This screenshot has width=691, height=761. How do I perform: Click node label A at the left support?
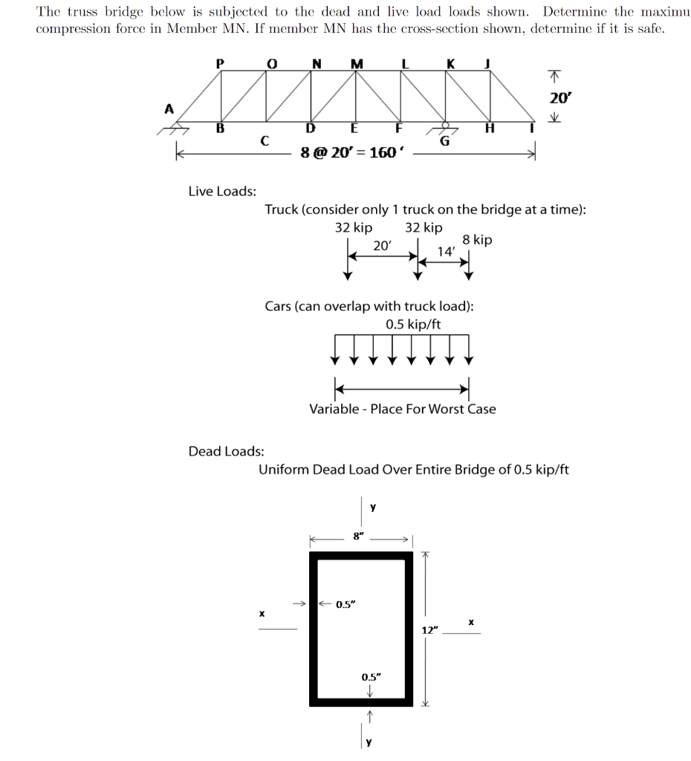169,109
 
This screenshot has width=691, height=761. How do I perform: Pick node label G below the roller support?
445,141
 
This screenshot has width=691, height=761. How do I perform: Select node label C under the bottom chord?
264,140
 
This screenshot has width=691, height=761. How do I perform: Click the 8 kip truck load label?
476,240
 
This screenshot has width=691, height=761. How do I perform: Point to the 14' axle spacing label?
446,251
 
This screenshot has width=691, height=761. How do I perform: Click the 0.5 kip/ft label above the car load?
413,324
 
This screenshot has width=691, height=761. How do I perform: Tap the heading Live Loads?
222,191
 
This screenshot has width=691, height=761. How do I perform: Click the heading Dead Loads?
226,451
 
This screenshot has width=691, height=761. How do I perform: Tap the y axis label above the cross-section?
373,508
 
